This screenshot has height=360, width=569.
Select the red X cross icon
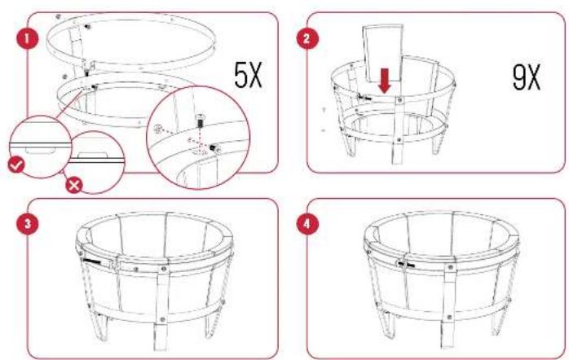(73, 184)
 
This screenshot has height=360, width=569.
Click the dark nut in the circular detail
(214, 147)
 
